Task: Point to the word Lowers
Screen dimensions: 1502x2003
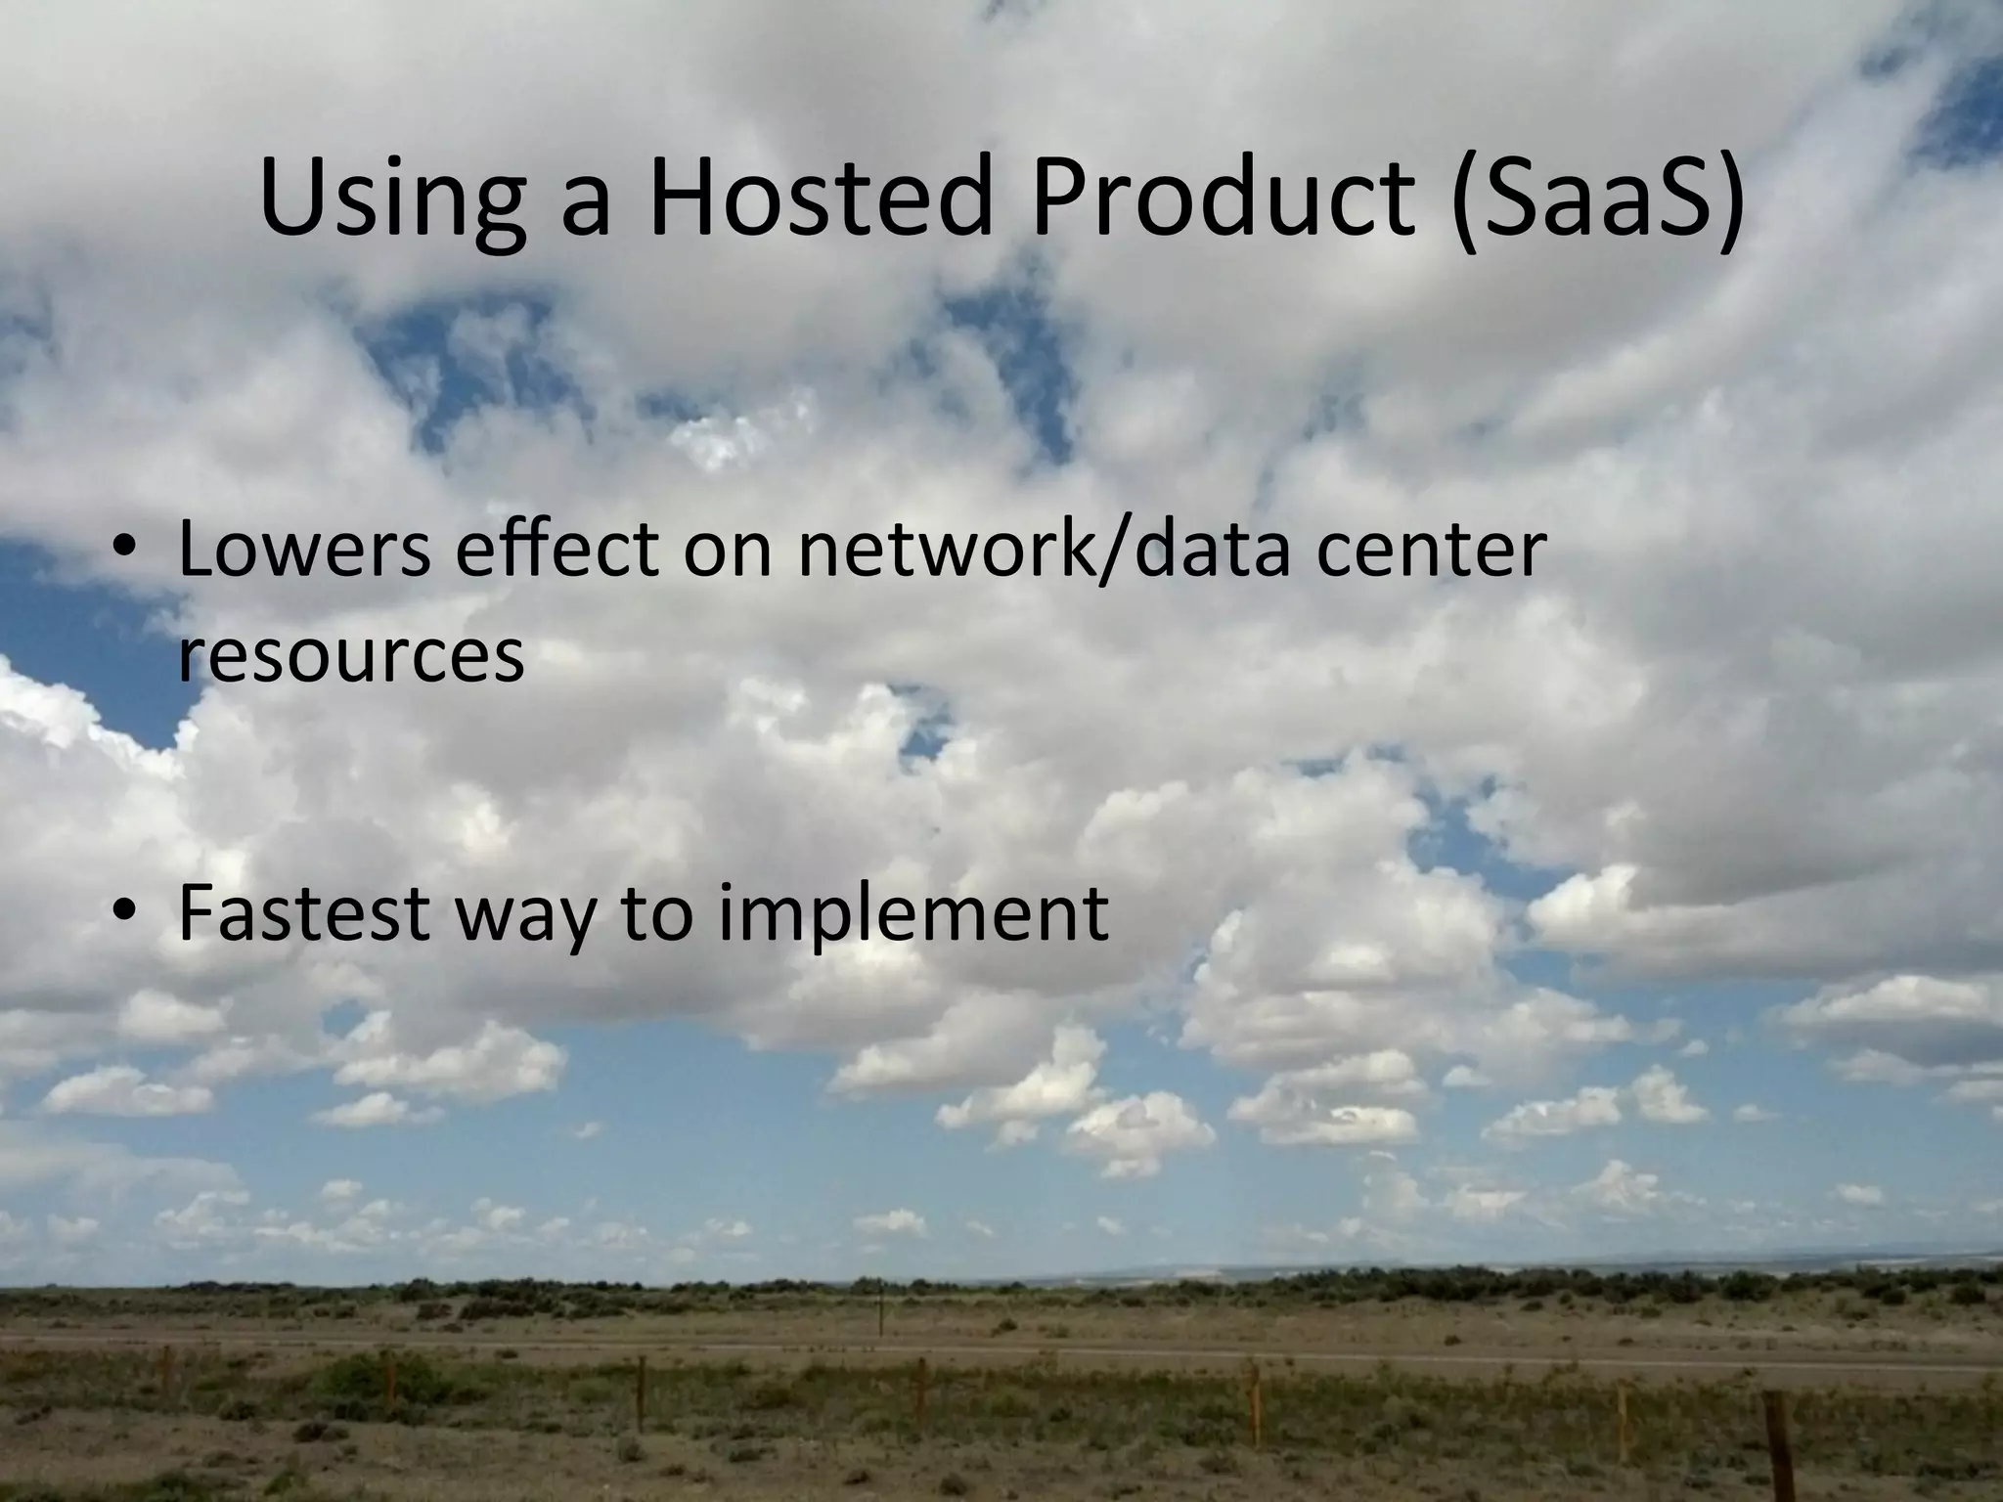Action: pyautogui.click(x=304, y=551)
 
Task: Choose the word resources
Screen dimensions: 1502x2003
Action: pyautogui.click(x=351, y=657)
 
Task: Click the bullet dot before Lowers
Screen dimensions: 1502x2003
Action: pyautogui.click(x=125, y=553)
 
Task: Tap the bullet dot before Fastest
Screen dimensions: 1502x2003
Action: pyautogui.click(x=125, y=913)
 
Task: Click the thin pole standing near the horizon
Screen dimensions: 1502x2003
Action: pyautogui.click(x=881, y=1310)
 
